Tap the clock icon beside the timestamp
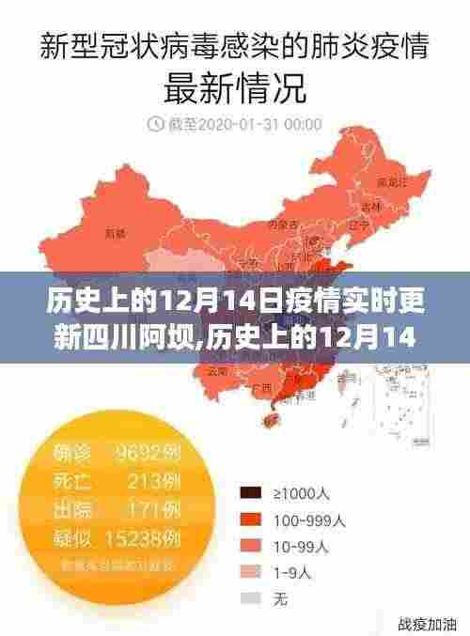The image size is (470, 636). point(153,124)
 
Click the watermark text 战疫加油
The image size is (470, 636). point(427,624)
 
